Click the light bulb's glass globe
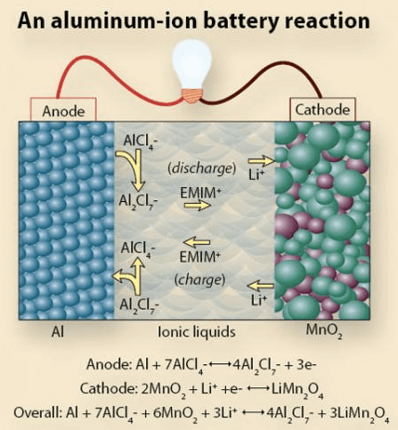coord(192,65)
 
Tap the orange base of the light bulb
coord(192,95)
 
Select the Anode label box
coord(63,110)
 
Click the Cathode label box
coord(322,110)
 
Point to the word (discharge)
coord(202,168)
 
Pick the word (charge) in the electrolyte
coord(199,280)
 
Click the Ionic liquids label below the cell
coord(197,332)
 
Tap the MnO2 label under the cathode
coord(324,331)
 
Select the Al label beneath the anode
coord(58,331)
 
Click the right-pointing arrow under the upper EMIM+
coord(198,205)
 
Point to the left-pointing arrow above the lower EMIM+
coord(197,242)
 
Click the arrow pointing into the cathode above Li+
coord(262,161)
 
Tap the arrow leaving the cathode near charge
coord(260,286)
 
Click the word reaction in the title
coord(327,21)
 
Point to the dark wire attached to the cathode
coord(268,77)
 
